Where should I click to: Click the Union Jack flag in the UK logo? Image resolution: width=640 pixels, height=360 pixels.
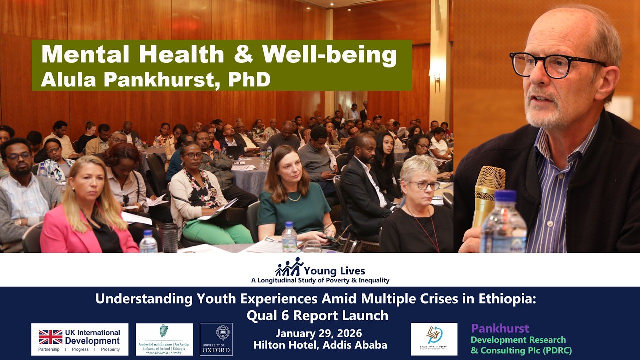click(50, 336)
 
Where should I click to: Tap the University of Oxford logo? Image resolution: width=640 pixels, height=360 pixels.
click(216, 339)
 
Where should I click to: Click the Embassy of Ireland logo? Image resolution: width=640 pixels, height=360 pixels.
click(164, 339)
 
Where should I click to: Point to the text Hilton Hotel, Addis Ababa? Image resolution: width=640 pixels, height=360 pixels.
click(320, 345)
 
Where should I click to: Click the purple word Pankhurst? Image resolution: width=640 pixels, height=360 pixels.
click(500, 328)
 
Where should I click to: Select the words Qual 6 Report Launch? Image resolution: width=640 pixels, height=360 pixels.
click(317, 315)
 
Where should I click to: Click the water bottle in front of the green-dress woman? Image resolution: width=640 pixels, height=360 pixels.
click(289, 237)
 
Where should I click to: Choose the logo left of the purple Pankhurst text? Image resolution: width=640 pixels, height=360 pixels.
click(434, 339)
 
